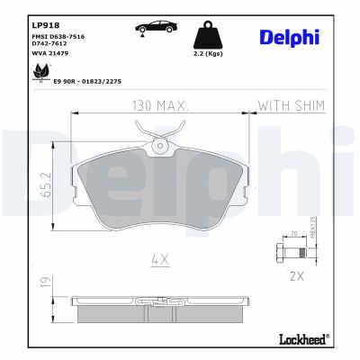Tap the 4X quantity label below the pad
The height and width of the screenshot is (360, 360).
click(x=160, y=261)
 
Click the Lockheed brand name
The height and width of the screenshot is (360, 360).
click(x=298, y=340)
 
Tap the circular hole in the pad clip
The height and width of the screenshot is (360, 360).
click(x=160, y=145)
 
